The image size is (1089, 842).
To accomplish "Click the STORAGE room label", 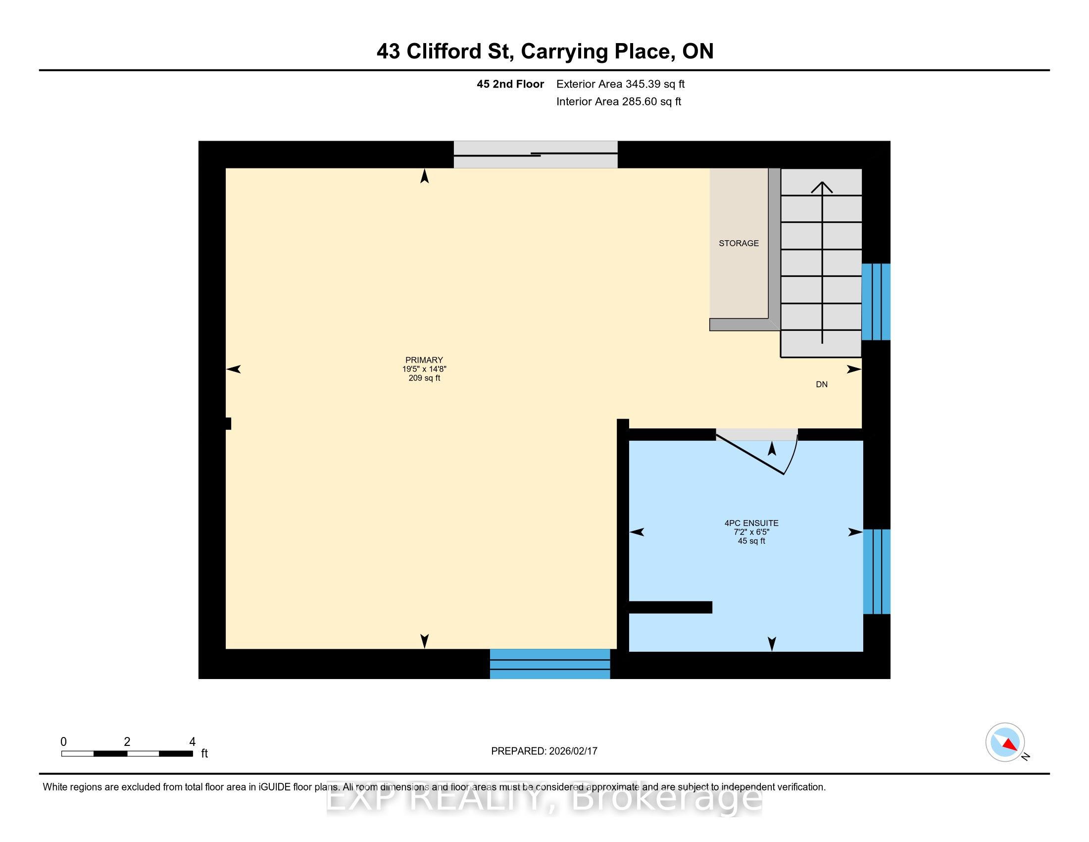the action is [x=739, y=243].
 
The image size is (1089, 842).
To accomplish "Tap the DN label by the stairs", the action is [x=822, y=384].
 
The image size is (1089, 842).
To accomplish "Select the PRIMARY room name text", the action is [x=424, y=360].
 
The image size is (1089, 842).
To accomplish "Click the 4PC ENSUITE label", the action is [x=751, y=523].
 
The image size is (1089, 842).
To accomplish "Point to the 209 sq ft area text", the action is [x=424, y=378].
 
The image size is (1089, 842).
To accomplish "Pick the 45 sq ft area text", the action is [x=751, y=541].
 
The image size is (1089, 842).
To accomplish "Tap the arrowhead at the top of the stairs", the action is [x=822, y=187].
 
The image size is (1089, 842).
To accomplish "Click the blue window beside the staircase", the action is [x=876, y=302].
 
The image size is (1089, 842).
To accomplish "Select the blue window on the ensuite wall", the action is [x=877, y=572].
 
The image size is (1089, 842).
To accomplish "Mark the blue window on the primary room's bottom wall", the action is [x=550, y=664].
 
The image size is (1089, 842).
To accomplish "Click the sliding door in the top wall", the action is [x=536, y=155].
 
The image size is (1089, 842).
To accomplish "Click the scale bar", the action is [x=127, y=754].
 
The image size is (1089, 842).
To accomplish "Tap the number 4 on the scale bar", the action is [x=193, y=742].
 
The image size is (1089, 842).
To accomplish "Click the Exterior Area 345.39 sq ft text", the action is [x=620, y=84].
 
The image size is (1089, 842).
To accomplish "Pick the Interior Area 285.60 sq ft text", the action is [x=619, y=102].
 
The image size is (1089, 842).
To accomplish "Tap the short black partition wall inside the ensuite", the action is [x=671, y=607].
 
